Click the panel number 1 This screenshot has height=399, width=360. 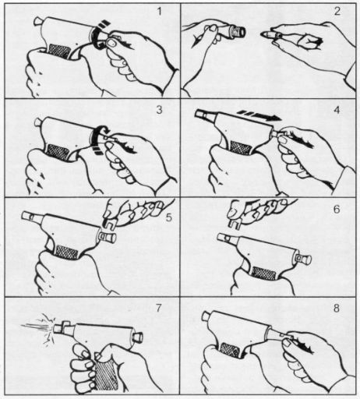click(159, 12)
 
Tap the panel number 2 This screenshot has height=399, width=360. click(337, 12)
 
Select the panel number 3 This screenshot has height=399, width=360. click(159, 110)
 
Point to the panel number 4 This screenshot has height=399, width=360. click(337, 110)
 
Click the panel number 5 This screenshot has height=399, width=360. click(169, 217)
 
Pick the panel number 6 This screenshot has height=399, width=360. click(337, 209)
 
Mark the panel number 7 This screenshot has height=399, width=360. click(158, 308)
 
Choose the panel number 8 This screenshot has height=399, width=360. click(337, 309)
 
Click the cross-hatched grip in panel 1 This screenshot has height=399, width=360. click(59, 51)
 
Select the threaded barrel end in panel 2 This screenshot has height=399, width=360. click(239, 32)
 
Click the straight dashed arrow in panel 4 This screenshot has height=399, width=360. click(259, 115)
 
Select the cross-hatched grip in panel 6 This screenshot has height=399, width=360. click(263, 274)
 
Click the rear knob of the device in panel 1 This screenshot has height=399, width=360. click(38, 21)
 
